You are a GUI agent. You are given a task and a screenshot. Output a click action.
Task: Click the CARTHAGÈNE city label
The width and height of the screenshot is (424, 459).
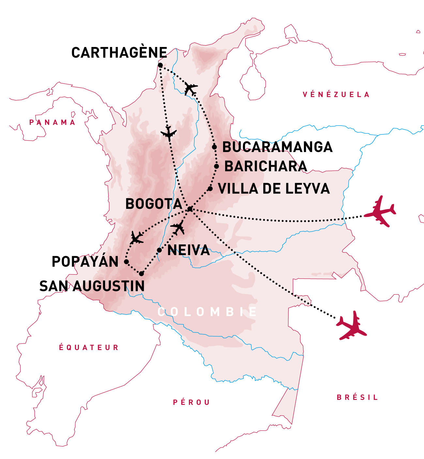click(119, 53)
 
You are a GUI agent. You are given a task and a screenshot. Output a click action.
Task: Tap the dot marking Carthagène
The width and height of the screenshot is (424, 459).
click(160, 66)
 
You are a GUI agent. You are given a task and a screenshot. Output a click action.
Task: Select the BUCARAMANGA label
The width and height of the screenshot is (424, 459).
click(277, 147)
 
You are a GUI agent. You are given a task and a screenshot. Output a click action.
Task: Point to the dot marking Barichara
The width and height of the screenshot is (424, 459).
click(217, 166)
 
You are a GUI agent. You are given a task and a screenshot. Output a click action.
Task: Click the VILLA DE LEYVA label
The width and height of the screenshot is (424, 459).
click(274, 189)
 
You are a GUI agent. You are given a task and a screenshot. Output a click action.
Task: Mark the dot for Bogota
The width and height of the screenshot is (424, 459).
click(190, 209)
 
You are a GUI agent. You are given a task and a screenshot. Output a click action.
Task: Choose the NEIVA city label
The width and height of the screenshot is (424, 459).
click(189, 251)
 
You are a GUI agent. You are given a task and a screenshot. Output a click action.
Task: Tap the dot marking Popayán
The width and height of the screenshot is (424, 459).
click(126, 262)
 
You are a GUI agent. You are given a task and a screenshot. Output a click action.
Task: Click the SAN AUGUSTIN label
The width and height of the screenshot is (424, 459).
click(92, 286)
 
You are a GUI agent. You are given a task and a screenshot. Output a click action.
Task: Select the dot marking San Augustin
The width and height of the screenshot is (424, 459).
click(141, 274)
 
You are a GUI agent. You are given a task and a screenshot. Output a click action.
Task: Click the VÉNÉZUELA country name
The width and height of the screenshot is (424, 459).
click(336, 95)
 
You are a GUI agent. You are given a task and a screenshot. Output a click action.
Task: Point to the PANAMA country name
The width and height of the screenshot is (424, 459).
click(53, 122)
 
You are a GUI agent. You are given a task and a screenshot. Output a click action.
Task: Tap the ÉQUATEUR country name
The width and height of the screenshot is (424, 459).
click(89, 347)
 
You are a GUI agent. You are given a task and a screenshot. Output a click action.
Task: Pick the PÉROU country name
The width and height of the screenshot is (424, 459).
click(191, 403)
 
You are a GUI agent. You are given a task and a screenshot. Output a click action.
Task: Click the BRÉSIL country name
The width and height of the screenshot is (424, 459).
click(357, 397)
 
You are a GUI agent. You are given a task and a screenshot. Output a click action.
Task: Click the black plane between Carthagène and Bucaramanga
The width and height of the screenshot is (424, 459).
click(191, 89)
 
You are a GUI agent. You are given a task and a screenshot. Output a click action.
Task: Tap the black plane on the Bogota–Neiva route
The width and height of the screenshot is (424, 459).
click(178, 227)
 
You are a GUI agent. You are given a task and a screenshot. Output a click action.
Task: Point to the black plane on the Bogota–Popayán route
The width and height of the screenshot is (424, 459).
click(136, 238)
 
